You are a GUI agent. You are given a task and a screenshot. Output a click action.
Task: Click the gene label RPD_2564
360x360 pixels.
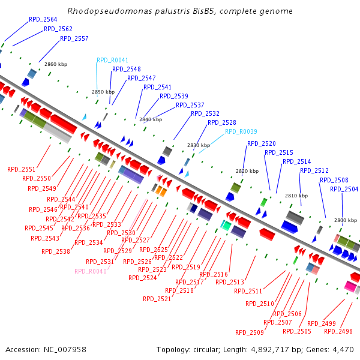tap(43, 19)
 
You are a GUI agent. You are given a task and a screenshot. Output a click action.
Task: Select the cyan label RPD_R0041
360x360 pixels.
tap(112, 60)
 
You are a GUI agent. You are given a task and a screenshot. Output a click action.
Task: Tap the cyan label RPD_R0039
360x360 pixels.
tap(241, 131)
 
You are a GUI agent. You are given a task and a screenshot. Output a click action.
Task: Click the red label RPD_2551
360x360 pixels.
tap(22, 169)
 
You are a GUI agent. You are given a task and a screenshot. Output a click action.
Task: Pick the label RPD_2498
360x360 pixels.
tap(338, 331)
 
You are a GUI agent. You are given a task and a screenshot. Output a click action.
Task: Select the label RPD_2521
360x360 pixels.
tap(157, 299)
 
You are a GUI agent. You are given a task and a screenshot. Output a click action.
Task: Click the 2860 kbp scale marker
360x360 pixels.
tap(56, 64)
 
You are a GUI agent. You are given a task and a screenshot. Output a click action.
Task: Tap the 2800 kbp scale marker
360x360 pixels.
tap(346, 220)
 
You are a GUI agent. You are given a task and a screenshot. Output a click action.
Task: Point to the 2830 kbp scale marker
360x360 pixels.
tap(199, 145)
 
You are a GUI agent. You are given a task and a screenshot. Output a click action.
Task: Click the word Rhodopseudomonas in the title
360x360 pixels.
tap(104, 11)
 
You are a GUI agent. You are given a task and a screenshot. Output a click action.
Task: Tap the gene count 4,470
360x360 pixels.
tap(342, 349)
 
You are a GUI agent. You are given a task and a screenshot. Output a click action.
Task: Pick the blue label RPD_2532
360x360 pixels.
tap(205, 113)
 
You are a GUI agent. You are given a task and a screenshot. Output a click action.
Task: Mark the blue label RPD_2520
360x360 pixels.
tap(262, 143)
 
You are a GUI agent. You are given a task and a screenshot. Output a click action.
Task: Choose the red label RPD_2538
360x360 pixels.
tap(56, 251)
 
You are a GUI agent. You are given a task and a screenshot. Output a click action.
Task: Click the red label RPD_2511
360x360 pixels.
tap(248, 291)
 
